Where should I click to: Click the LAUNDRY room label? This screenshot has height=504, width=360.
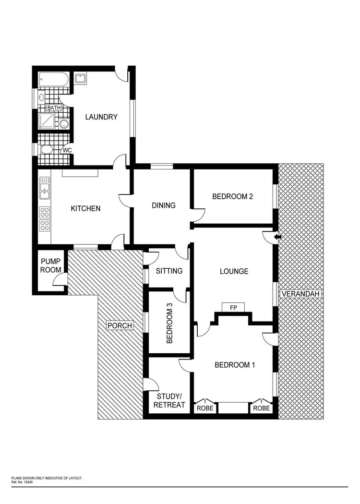tap(101, 117)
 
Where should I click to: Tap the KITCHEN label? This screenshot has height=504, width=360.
tap(85, 208)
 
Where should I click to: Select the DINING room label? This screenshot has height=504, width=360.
tap(164, 205)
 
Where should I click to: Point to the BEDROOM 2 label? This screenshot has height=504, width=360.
tap(233, 196)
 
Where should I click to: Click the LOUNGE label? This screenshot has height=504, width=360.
tap(234, 271)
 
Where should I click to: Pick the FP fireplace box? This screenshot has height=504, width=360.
tap(233, 307)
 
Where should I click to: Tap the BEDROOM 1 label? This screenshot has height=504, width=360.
tap(235, 365)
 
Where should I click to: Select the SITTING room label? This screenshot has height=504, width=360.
tap(169, 271)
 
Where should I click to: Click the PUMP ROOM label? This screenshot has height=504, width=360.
tap(50, 265)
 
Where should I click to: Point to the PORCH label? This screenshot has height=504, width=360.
tap(120, 326)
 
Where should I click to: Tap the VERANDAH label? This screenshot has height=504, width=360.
tap(301, 294)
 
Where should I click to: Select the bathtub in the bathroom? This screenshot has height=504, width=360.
tap(54, 79)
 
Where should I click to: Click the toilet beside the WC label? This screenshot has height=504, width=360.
tap(47, 150)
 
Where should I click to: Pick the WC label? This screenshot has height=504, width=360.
tap(67, 150)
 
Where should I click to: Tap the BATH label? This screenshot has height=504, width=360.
tap(54, 108)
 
